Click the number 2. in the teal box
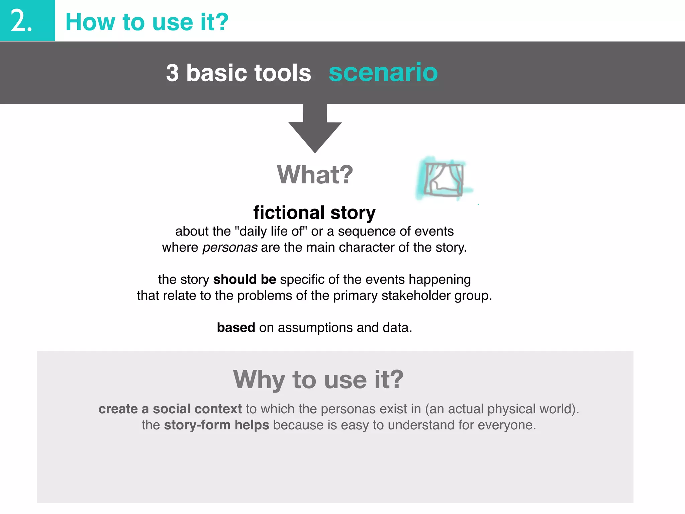pos(21,21)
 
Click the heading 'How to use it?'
pos(147,22)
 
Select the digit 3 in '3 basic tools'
pos(172,73)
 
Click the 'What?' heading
pos(315,175)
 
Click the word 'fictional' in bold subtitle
pos(289,212)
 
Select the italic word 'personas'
pos(230,248)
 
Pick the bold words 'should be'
pos(244,279)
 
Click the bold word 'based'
pos(236,328)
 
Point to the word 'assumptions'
pos(315,328)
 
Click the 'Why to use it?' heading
pos(318,380)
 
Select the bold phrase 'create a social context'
pos(170,409)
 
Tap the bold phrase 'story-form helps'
pos(216,425)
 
